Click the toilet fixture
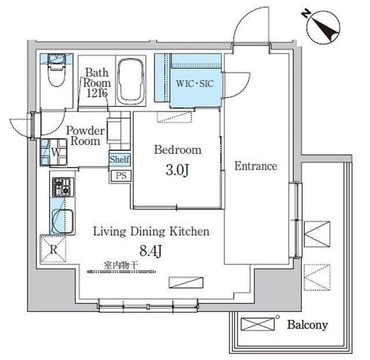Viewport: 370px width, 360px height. point(57,70)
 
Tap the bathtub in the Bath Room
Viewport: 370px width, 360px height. point(131,82)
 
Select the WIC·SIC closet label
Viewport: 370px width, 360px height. point(195,83)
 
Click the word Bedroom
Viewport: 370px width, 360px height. point(178,150)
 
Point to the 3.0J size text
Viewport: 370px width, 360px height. point(177,170)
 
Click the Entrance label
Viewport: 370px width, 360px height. point(256,166)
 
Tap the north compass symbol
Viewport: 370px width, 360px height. point(323,27)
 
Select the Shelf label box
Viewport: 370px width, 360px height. point(120,159)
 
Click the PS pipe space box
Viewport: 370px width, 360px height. point(121,176)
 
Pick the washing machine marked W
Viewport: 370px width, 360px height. point(54,152)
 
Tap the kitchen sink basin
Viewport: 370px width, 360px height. point(62,222)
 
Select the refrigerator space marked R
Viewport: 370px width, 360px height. point(53,249)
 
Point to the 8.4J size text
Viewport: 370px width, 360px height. point(151,251)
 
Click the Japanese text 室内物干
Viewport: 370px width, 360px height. point(121,266)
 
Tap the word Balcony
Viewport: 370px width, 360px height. point(308,325)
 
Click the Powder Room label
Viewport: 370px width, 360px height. point(85,136)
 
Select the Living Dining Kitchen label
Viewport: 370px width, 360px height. point(151,232)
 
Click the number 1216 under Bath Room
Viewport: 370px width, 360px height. point(97,93)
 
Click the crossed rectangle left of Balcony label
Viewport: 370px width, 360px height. point(258,324)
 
